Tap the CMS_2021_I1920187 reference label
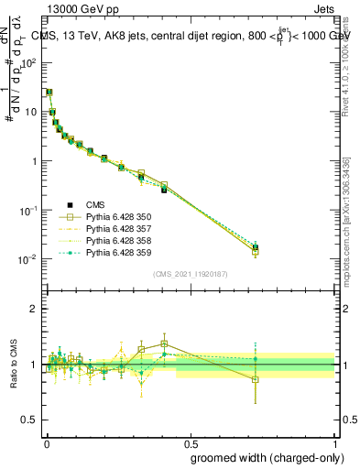[x=190, y=273]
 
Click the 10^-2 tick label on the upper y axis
[x=27, y=259]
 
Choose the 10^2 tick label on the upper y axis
[x=27, y=63]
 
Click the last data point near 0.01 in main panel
[x=256, y=247]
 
